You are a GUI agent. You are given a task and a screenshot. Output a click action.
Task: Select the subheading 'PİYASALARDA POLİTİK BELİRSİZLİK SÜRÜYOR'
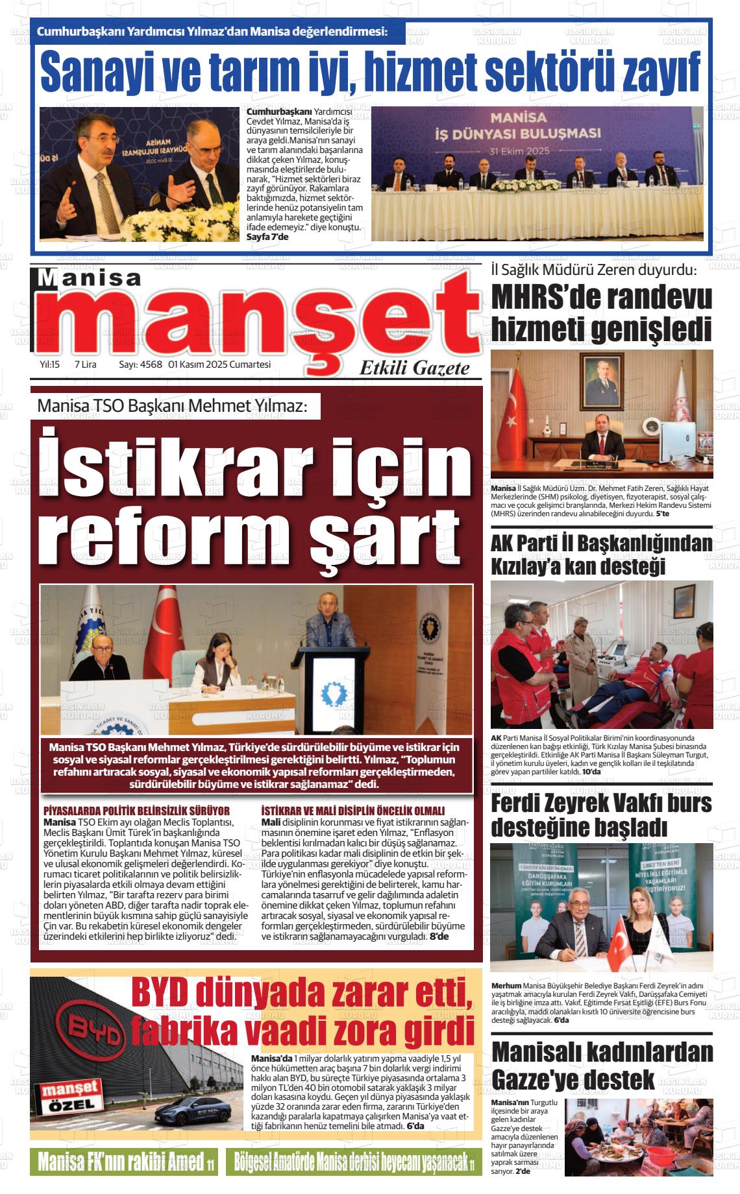136,811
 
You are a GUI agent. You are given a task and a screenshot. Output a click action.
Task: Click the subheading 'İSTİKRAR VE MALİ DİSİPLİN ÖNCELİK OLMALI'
352,811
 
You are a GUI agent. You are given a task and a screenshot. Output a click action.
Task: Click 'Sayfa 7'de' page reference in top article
267,237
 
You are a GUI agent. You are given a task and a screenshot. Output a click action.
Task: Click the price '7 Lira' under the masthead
86,364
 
